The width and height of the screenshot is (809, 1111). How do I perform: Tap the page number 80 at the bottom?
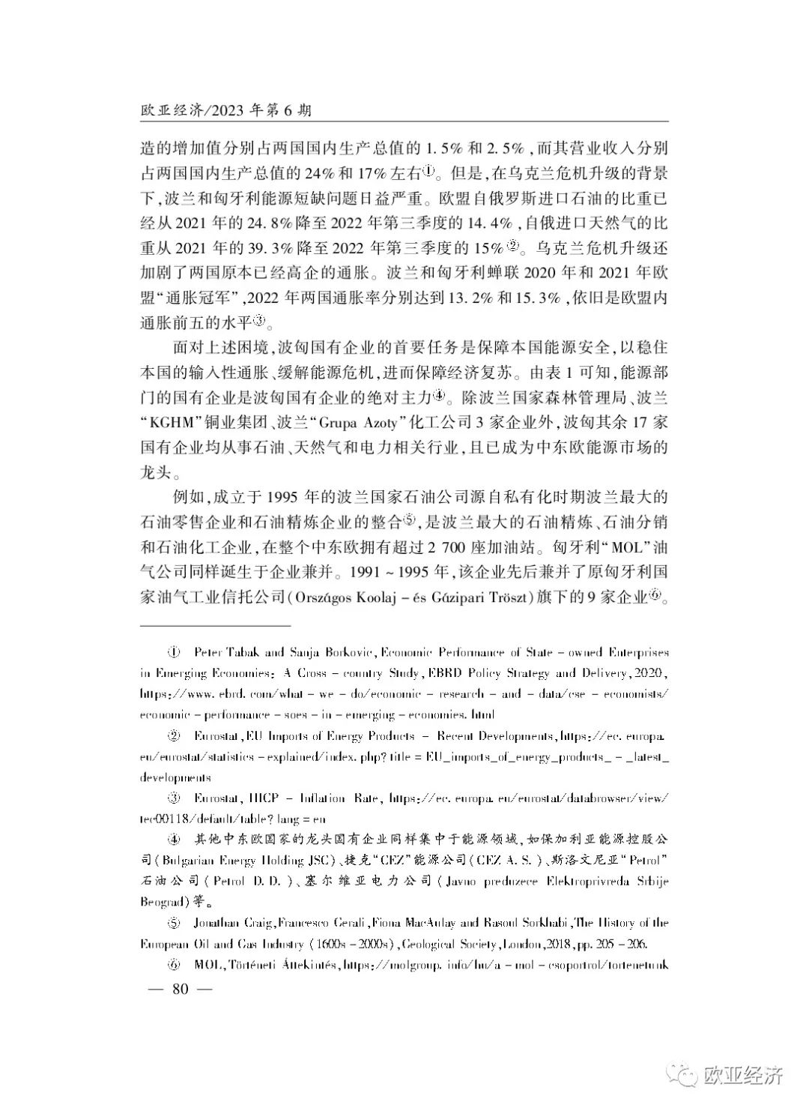tap(179, 988)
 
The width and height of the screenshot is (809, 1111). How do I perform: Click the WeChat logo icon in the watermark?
tap(684, 1077)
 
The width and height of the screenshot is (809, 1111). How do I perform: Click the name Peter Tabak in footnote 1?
tap(220, 654)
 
